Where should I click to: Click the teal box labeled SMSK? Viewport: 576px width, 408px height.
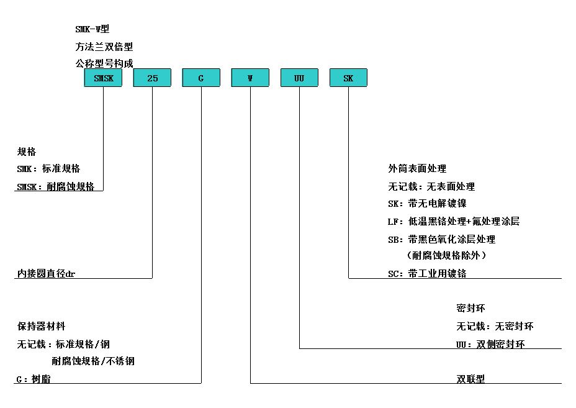[103, 78]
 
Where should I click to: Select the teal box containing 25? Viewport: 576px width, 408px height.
[152, 78]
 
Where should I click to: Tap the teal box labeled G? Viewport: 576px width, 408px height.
[201, 78]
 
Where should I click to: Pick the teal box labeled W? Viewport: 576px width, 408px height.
[250, 78]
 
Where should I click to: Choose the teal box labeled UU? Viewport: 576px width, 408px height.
[299, 78]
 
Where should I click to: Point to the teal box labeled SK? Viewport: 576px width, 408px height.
[348, 78]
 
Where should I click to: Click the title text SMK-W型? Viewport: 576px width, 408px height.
[92, 29]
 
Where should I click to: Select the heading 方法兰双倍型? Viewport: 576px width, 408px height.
[104, 47]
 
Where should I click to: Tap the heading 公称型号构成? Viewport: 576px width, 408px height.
[104, 63]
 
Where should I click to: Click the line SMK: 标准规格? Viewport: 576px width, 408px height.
[48, 169]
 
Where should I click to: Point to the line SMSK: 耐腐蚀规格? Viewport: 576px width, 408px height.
[55, 186]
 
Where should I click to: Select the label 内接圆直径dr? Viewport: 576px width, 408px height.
[46, 273]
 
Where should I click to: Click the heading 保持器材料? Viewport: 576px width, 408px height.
[41, 326]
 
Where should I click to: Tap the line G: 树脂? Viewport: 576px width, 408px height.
[34, 379]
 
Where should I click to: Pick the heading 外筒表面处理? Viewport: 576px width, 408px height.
[417, 169]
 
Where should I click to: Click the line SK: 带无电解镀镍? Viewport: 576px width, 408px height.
[427, 203]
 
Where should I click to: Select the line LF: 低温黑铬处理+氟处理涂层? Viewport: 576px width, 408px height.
[454, 221]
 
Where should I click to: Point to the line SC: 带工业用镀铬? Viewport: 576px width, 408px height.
[427, 273]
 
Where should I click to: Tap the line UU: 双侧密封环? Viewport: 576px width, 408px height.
[490, 345]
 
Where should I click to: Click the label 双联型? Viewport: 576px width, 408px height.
[470, 379]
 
